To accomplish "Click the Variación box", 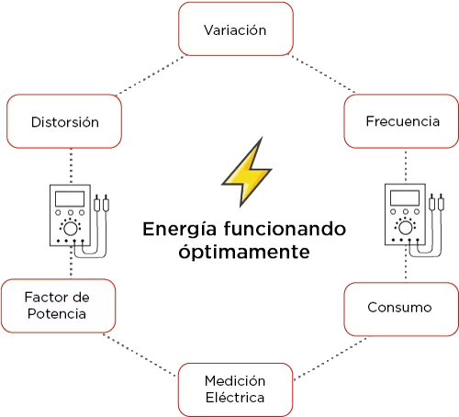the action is point(236,28).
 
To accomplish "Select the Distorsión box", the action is point(64,121).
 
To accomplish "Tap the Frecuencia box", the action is point(401,121).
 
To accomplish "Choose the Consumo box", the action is point(401,309).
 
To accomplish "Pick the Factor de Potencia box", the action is point(59,306).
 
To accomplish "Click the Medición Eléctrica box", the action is point(236,389).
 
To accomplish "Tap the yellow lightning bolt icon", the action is point(247,172).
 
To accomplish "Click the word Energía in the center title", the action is point(180,230).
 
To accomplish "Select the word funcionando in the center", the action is point(285,229).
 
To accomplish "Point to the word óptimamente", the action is point(244,253).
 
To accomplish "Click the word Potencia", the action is point(57,314).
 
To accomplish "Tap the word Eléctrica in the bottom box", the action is point(235,398).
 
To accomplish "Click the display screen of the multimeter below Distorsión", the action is point(70,198).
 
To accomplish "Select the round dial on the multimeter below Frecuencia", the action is point(406,228).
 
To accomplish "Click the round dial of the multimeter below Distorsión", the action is point(71,229).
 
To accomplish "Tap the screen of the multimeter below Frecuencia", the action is point(405,197).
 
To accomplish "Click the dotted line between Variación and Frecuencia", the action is point(322,73).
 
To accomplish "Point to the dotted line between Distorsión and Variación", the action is point(151,75).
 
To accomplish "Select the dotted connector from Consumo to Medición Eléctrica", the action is point(331,358).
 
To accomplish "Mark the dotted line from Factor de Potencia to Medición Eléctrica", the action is point(140,355).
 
